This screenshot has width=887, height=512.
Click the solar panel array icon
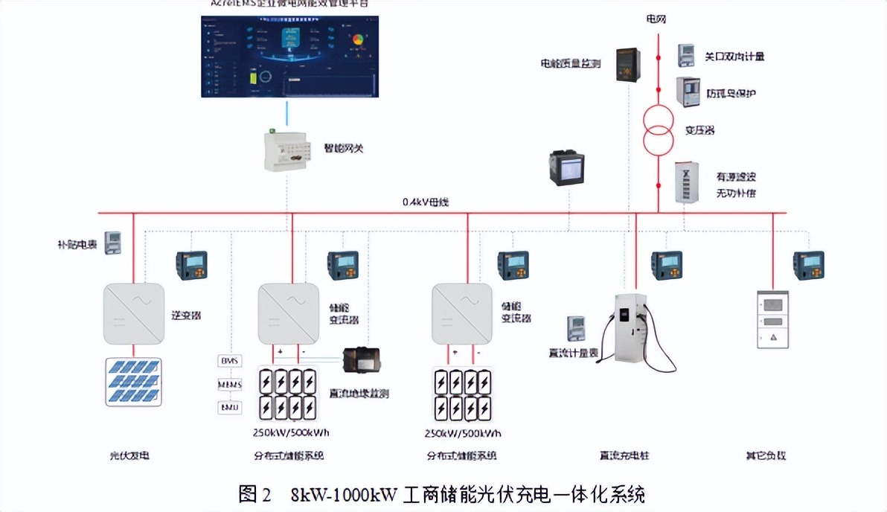pos(133,382)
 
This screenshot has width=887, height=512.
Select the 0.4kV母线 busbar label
pos(426,202)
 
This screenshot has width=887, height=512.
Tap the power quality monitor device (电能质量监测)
pos(626,65)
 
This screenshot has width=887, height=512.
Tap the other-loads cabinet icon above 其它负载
pos(772,319)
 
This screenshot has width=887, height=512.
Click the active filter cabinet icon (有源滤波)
pos(685,183)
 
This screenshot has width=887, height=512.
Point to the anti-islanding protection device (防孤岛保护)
pos(687,93)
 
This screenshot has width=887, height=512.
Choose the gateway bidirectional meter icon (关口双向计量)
pos(686,56)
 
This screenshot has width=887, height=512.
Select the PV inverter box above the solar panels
pos(133,313)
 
